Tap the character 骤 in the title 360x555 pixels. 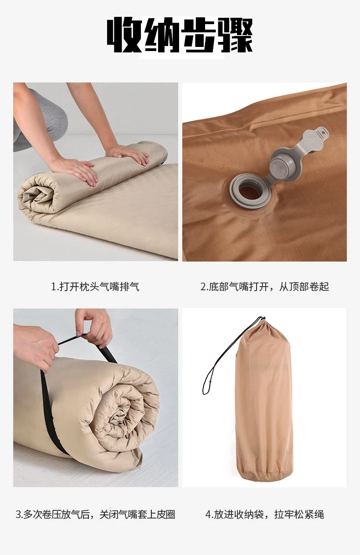click(x=236, y=36)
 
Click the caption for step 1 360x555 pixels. click(x=95, y=287)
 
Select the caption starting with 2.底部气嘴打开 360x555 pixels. click(x=264, y=287)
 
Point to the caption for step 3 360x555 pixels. click(x=95, y=514)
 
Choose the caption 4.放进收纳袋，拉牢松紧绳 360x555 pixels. click(x=264, y=514)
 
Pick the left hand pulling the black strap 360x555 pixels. click(x=39, y=346)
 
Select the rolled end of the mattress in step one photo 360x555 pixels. click(x=41, y=196)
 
